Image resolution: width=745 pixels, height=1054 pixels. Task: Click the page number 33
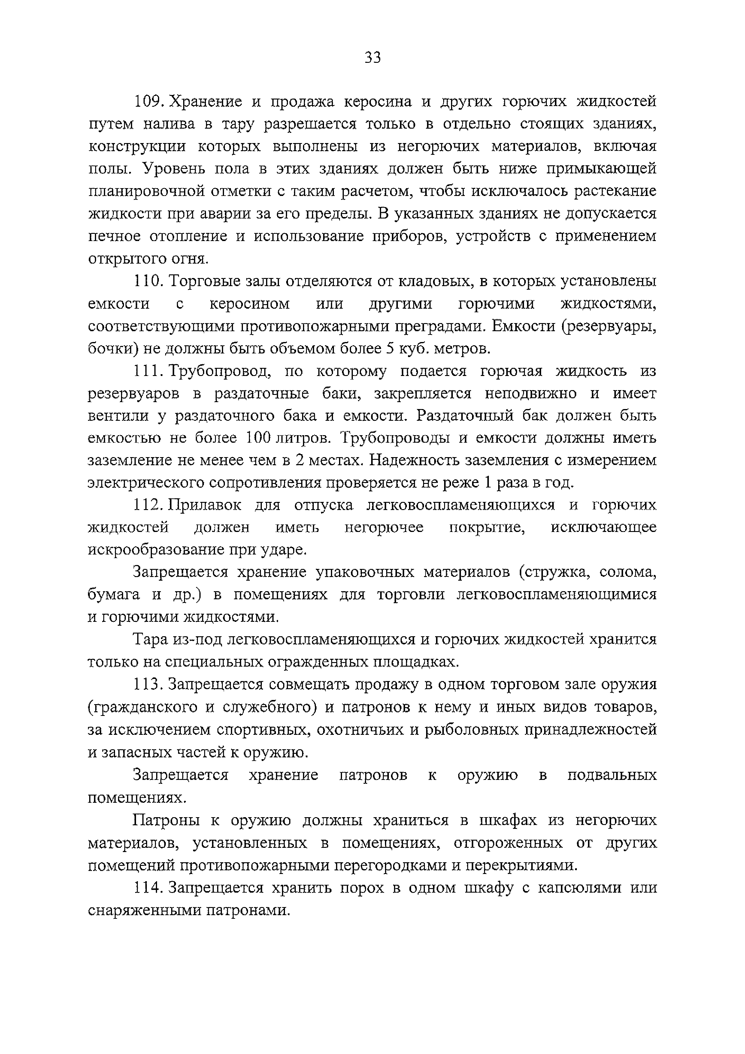coord(372,58)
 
